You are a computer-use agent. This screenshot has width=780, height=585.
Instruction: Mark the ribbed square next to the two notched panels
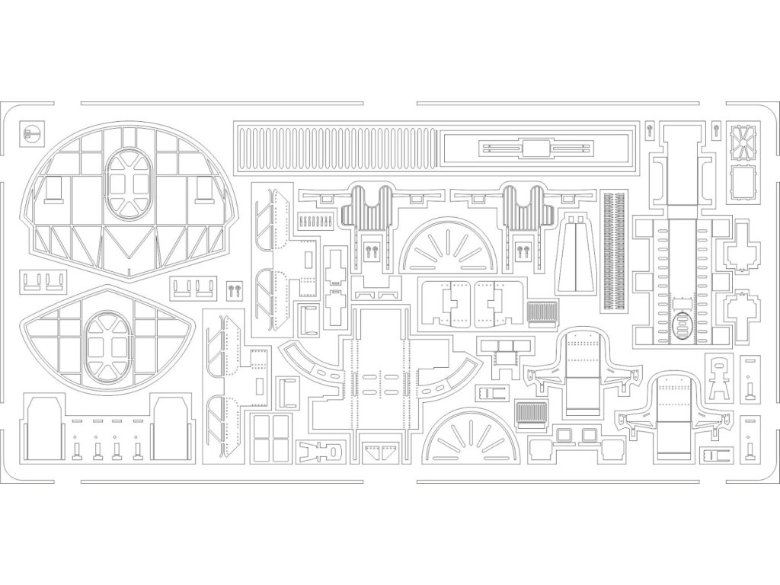(x=539, y=313)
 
